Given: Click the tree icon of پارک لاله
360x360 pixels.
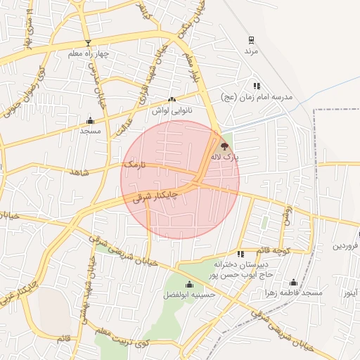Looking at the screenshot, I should (x=224, y=146).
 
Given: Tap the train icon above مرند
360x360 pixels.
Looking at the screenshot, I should (x=252, y=40).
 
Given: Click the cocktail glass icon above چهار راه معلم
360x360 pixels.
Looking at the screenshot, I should (x=88, y=43).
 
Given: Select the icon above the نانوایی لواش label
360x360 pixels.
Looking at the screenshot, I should (x=172, y=99).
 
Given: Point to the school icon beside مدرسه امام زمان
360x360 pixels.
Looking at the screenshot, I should (x=257, y=85).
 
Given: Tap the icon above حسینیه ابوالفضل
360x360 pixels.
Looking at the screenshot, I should (x=189, y=285).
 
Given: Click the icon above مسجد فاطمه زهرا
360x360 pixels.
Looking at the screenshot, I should (x=294, y=282).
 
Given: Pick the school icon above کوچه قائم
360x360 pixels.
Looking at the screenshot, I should (x=241, y=254).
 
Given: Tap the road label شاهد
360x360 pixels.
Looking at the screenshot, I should (x=80, y=172).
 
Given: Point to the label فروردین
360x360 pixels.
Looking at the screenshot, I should (x=346, y=246).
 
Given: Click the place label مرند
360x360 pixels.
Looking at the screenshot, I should (x=252, y=52).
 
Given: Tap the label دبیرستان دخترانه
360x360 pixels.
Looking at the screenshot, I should (x=223, y=264).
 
